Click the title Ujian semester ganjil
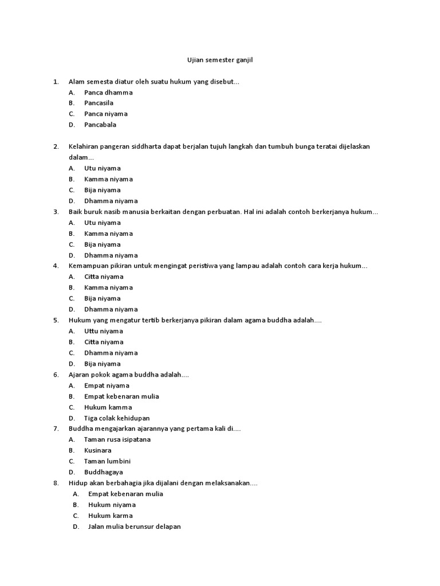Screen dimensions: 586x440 (x=220, y=60)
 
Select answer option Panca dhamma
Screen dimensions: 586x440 (x=108, y=92)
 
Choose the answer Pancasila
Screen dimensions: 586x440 (x=99, y=103)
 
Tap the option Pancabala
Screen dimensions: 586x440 (x=100, y=125)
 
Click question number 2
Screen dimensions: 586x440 (x=56, y=146)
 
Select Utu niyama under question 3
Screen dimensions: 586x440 (x=102, y=223)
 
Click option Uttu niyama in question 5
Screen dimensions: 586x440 (x=103, y=331)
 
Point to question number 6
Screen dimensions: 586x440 (x=56, y=374)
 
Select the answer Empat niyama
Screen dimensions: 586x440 (x=107, y=385)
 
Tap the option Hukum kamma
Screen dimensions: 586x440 (x=108, y=407)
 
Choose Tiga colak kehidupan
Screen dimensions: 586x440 (x=117, y=418)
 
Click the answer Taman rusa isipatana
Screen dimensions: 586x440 (x=117, y=439)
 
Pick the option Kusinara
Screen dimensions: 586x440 (x=96, y=450)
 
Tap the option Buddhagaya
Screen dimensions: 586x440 (x=103, y=472)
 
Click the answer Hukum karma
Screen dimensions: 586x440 (x=110, y=516)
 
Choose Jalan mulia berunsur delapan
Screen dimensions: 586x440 (x=134, y=526)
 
